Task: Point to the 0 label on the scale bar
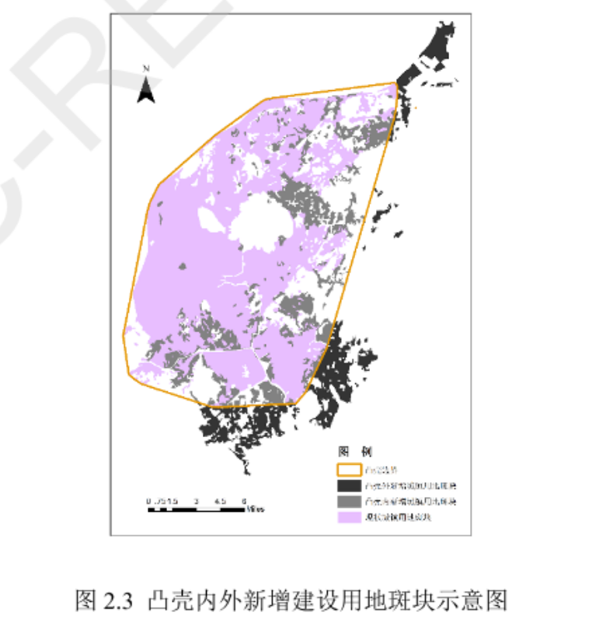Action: coord(148,501)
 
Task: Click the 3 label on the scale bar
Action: coord(196,501)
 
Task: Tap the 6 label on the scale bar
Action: coord(243,501)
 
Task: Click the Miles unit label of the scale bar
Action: coord(256,510)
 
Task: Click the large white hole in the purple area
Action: coord(260,221)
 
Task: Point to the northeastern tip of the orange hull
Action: coord(396,82)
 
